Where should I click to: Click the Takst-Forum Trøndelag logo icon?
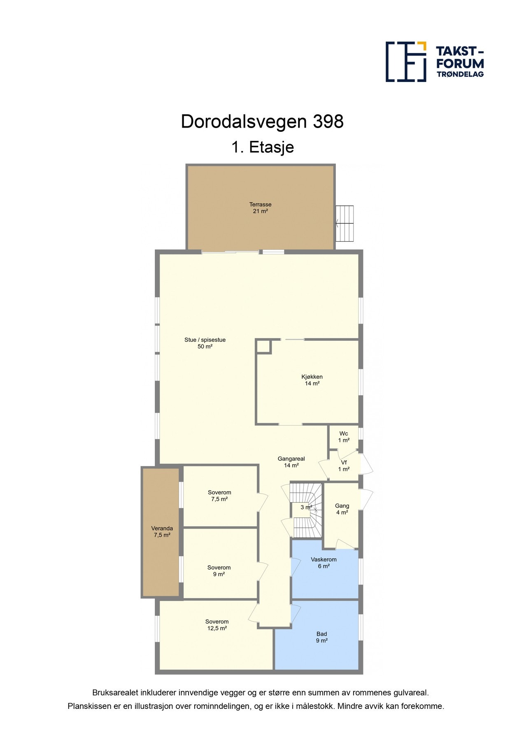[x=405, y=61]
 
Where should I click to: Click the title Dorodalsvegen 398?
[x=262, y=122]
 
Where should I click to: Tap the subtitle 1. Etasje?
[x=262, y=147]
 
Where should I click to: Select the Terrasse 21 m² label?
[x=260, y=208]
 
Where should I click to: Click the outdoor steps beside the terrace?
[x=345, y=224]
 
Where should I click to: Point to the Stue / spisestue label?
[x=205, y=343]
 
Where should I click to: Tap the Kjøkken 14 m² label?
[x=312, y=380]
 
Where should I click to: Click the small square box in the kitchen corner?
[x=263, y=346]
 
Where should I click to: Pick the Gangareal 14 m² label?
[x=291, y=462]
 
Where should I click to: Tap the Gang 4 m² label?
[x=342, y=509]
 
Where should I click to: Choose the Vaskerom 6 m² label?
[x=324, y=563]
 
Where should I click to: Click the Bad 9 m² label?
[x=321, y=637]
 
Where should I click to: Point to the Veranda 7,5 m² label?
[x=162, y=531]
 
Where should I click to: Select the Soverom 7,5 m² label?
[x=219, y=496]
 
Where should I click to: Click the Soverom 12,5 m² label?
[x=217, y=625]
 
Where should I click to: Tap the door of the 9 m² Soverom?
[x=262, y=571]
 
